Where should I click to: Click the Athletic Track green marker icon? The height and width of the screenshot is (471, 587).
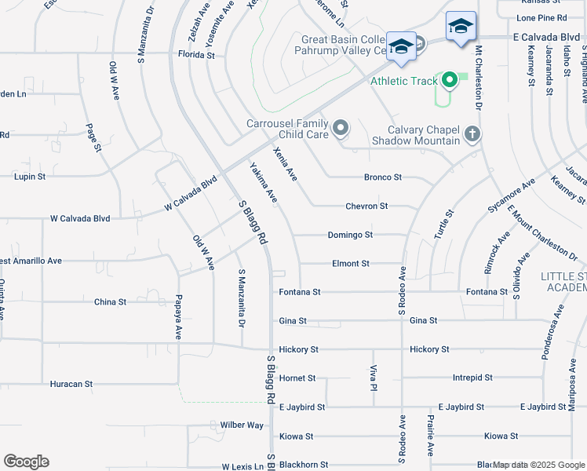[450, 79]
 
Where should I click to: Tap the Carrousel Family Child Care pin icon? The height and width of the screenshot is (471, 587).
[341, 127]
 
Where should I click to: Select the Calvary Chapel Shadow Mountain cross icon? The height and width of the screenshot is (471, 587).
[472, 133]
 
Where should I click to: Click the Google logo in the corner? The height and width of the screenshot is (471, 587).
[26, 462]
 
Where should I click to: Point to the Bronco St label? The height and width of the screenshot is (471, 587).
[382, 177]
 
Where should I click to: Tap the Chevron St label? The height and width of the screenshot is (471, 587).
[366, 206]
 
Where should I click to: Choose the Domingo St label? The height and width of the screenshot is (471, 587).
[349, 235]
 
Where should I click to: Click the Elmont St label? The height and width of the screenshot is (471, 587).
[350, 264]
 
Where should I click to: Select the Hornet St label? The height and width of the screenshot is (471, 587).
[297, 378]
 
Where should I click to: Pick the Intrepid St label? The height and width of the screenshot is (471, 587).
[472, 378]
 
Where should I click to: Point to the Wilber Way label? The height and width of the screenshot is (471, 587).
[242, 425]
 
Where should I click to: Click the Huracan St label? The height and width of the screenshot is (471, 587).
[71, 385]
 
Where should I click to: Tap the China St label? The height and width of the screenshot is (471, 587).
[110, 301]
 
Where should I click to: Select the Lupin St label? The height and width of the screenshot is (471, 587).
[31, 177]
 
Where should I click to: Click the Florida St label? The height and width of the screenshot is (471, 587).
[195, 56]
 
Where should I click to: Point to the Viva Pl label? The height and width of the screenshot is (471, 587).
[374, 377]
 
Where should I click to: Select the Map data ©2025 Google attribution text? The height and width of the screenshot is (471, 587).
[538, 465]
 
